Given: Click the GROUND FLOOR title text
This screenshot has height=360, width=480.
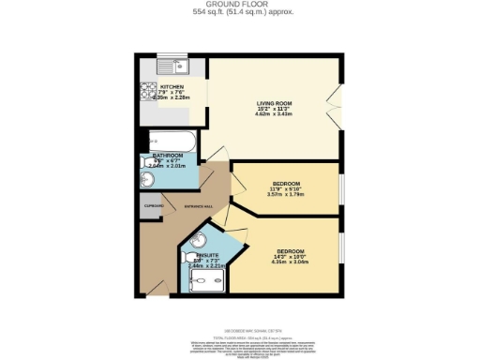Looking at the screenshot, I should [239, 5].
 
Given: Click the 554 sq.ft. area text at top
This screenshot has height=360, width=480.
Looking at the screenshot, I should [239, 12].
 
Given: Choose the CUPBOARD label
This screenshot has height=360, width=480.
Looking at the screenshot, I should [153, 205].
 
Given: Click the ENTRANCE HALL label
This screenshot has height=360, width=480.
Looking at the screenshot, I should [199, 205].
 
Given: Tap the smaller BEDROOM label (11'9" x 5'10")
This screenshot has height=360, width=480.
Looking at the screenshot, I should [286, 183].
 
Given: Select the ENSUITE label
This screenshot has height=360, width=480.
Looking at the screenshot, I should [208, 255].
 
